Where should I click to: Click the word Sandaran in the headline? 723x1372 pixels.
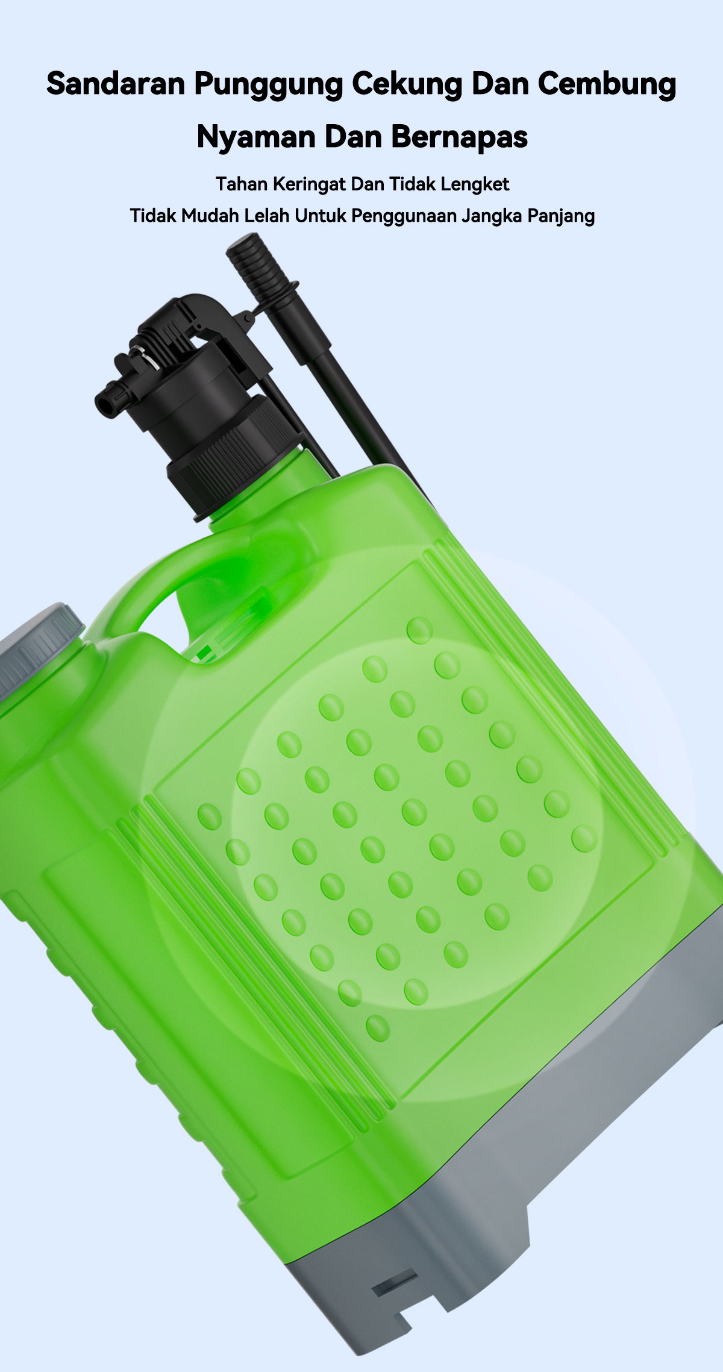[116, 84]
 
